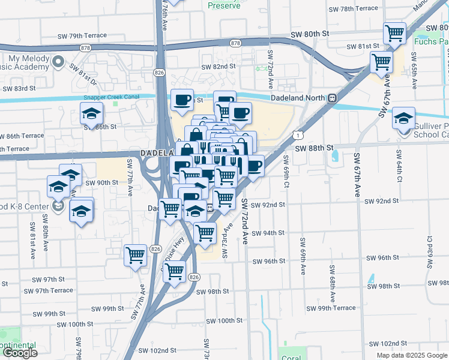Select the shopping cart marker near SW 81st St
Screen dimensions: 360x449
(x=382, y=61)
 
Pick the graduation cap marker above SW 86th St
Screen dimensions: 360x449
(x=91, y=112)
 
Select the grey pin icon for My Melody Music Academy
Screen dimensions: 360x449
(x=58, y=61)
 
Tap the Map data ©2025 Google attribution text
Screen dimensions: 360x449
(x=412, y=355)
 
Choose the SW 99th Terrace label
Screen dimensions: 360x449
(x=331, y=308)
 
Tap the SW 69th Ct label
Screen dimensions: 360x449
(x=286, y=171)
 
